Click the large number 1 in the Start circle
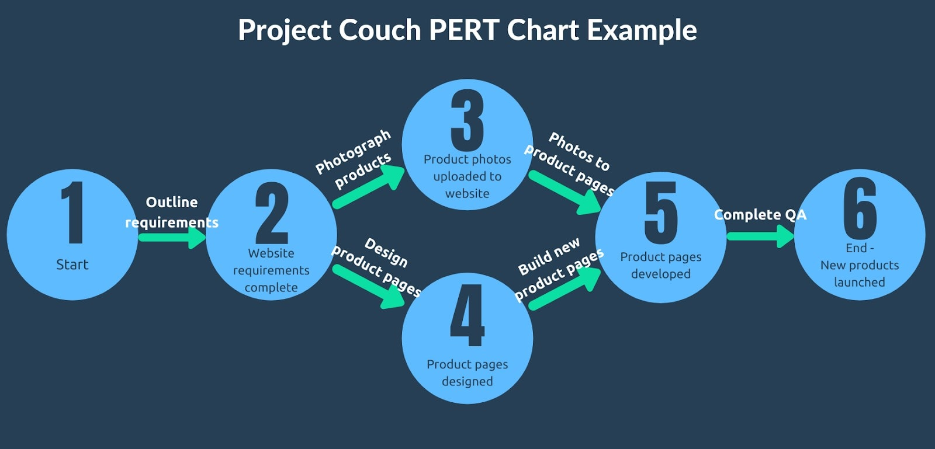coord(72,212)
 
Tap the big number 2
coord(272,213)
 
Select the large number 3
coord(467,120)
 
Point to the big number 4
coord(467,315)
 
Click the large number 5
coord(661,213)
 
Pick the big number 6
coord(860,208)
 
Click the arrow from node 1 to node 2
coord(172,237)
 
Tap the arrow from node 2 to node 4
coord(369,287)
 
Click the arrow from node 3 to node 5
coord(565,193)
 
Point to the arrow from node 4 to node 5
coord(565,288)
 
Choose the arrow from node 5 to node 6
coord(760,236)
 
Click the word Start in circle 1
coord(72,264)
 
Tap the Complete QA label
coord(760,215)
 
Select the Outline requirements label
coord(172,213)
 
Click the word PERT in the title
coord(464,30)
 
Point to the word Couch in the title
coord(380,30)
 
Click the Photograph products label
coord(354,159)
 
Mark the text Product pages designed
coord(467,373)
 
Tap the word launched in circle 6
coord(860,282)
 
